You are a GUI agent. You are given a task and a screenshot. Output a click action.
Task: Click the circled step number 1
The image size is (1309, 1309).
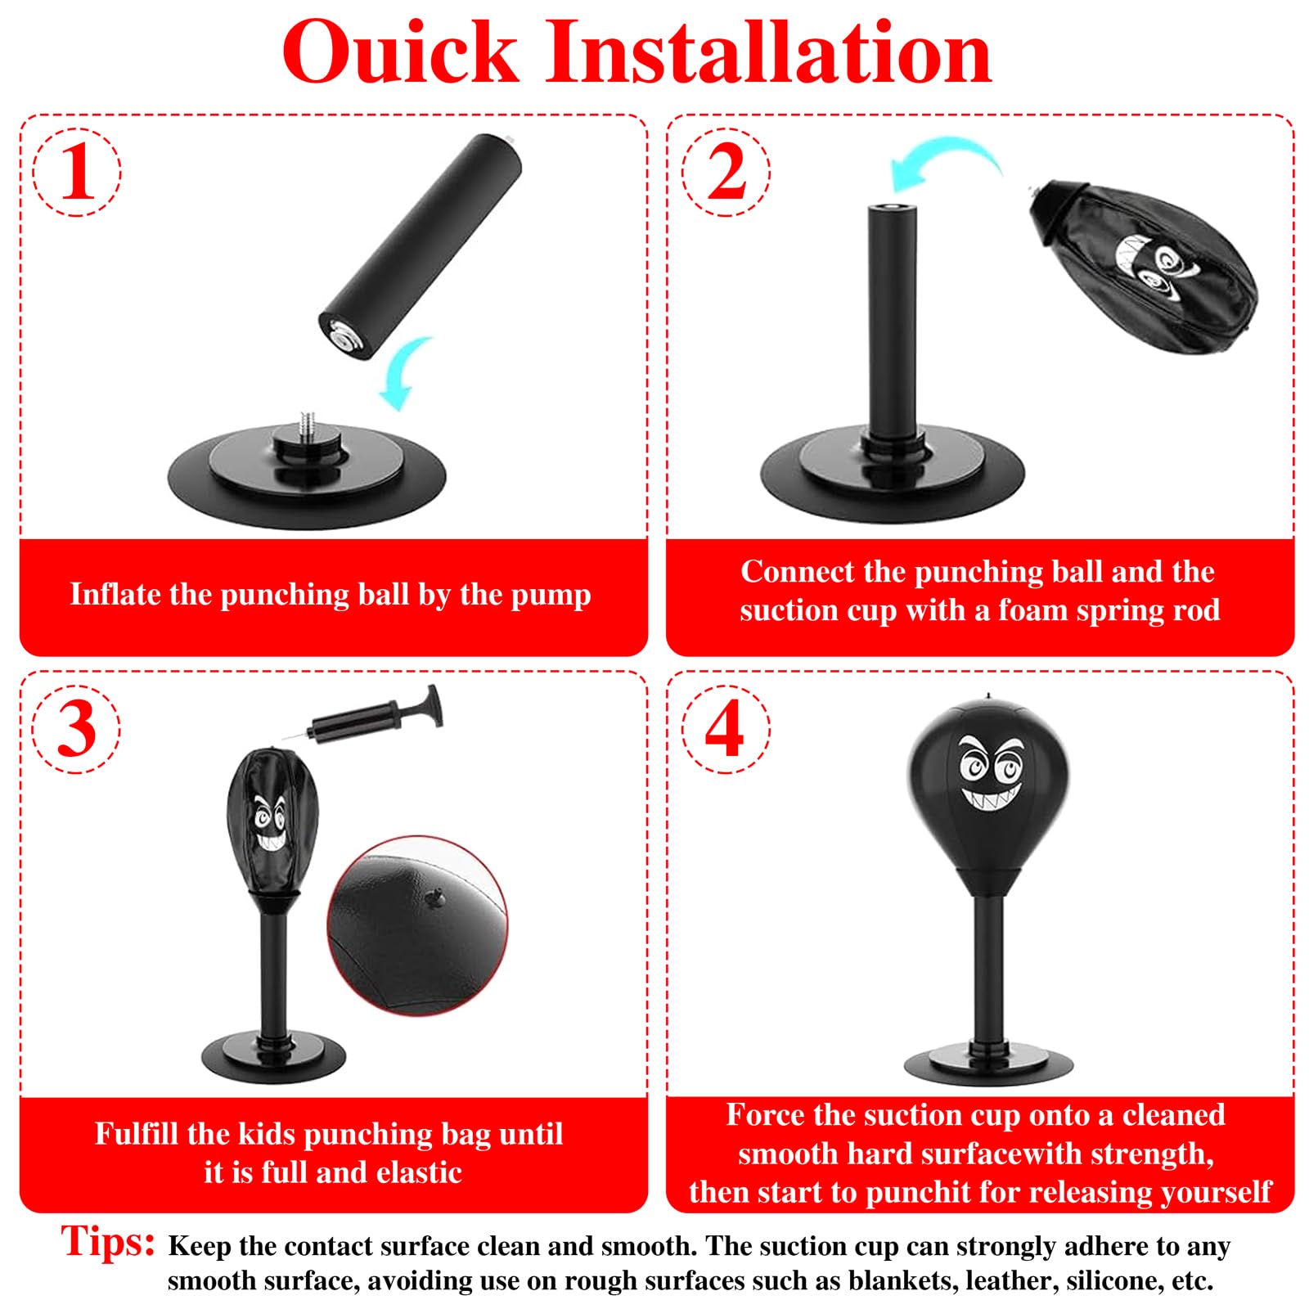(77, 172)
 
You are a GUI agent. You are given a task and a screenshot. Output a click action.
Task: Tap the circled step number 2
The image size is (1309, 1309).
(726, 172)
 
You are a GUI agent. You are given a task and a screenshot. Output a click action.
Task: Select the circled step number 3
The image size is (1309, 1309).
(77, 729)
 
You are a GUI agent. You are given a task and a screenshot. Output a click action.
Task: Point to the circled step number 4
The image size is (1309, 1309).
(726, 729)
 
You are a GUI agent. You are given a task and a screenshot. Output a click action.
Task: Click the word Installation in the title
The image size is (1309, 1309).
(768, 53)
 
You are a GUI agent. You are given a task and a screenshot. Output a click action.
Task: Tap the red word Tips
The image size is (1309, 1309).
(107, 1241)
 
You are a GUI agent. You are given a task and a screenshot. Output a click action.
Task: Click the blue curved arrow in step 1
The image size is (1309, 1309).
(406, 373)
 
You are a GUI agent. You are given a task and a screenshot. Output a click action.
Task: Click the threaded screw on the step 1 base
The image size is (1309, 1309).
(308, 425)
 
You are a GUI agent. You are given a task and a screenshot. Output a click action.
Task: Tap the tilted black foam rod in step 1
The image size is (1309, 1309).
(420, 246)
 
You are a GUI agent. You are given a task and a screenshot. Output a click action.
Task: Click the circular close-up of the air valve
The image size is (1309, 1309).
(417, 925)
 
